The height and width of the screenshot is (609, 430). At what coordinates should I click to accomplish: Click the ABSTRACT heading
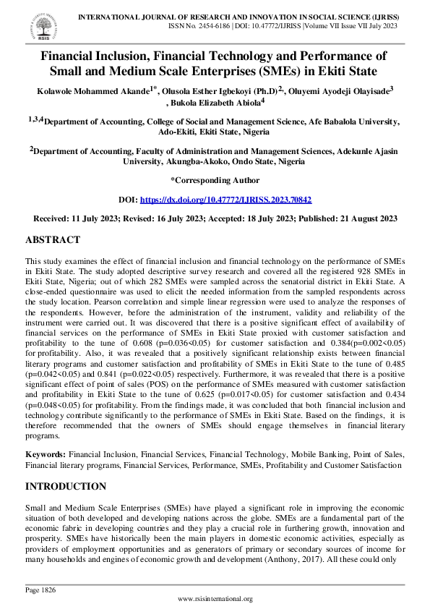pos(53,239)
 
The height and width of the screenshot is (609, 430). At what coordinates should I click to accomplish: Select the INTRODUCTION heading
pos(66,486)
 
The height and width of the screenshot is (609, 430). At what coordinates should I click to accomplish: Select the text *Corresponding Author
pos(215,179)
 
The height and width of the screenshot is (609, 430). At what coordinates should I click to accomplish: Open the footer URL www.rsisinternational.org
pos(215,599)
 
